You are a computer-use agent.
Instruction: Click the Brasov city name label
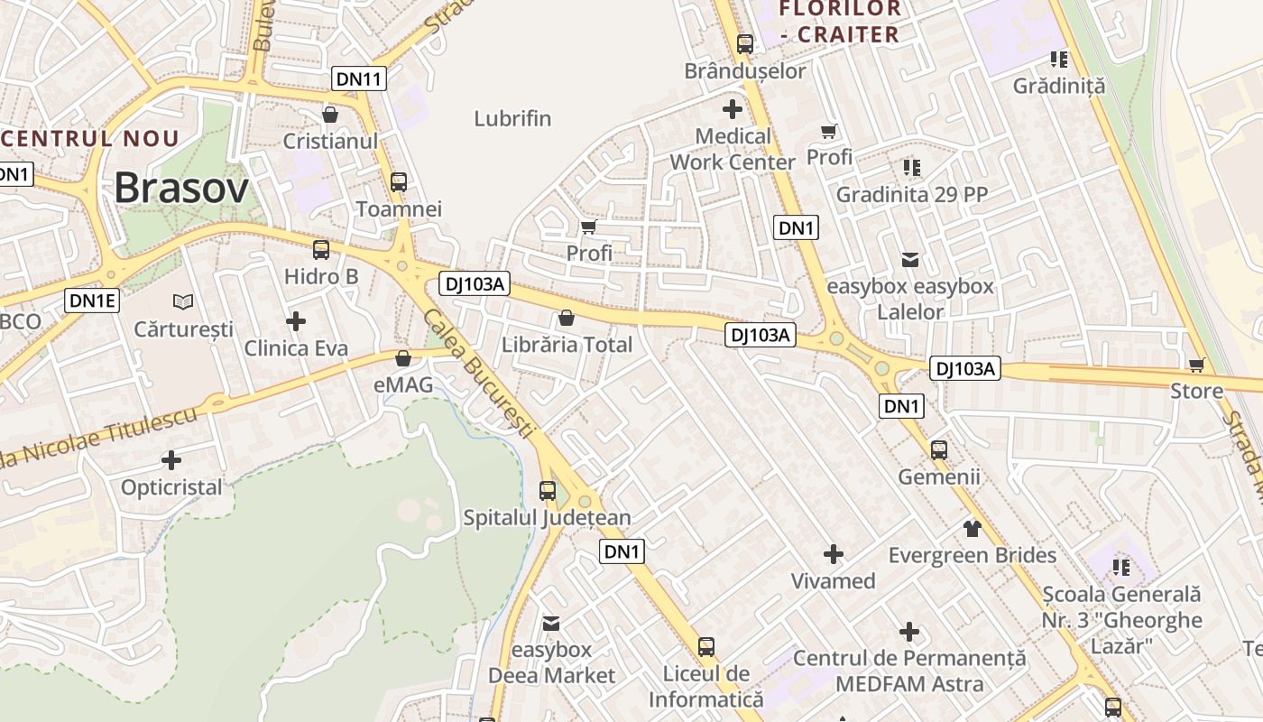point(180,188)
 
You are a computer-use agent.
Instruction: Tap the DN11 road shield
point(358,79)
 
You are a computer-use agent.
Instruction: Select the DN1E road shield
point(92,301)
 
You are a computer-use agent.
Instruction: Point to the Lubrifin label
point(512,118)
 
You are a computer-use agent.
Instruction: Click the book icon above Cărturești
point(183,301)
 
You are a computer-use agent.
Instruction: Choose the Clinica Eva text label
point(296,348)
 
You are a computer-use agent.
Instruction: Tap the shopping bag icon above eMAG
point(403,358)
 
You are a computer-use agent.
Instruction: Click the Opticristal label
point(171,487)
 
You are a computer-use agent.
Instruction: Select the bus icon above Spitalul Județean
point(547,490)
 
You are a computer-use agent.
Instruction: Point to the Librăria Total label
point(567,345)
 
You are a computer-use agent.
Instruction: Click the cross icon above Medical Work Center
point(733,109)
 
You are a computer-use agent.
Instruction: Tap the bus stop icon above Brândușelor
point(745,43)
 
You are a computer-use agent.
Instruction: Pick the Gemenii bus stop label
point(938,477)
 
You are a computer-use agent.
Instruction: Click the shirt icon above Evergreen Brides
point(972,527)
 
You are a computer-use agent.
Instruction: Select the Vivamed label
point(833,580)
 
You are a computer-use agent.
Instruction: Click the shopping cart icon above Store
point(1196,365)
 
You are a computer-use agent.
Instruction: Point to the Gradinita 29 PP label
point(911,194)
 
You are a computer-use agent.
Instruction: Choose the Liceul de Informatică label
point(706,686)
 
